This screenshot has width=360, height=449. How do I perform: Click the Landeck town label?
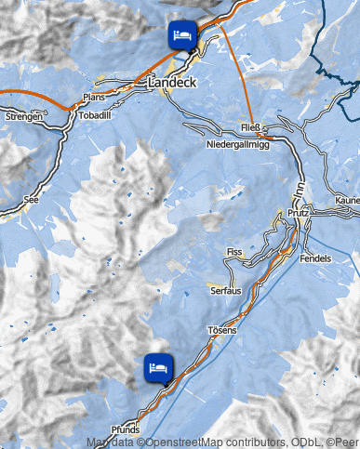pos(172,83)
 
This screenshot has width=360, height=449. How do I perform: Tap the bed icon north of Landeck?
pos(181,34)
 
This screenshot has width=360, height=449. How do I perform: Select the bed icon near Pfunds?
pos(158,366)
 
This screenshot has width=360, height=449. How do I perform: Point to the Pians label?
pos(93,97)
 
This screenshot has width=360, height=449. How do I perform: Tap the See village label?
pos(32,198)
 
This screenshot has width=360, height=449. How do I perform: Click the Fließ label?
pos(249,126)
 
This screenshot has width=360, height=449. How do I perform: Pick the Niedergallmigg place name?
pos(237,146)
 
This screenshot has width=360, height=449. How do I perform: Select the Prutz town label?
pos(300,213)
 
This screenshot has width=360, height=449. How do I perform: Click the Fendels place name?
pos(316,258)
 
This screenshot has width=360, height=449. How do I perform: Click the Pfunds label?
pos(125,430)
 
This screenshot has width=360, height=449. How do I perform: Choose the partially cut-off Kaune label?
pos(346,200)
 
